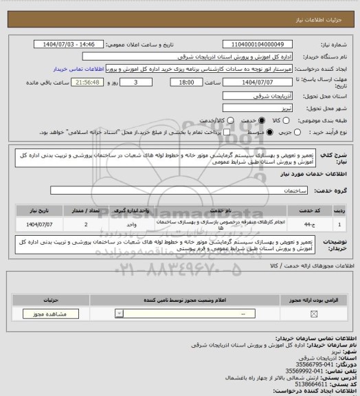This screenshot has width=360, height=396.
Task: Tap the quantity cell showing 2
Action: [85, 224]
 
